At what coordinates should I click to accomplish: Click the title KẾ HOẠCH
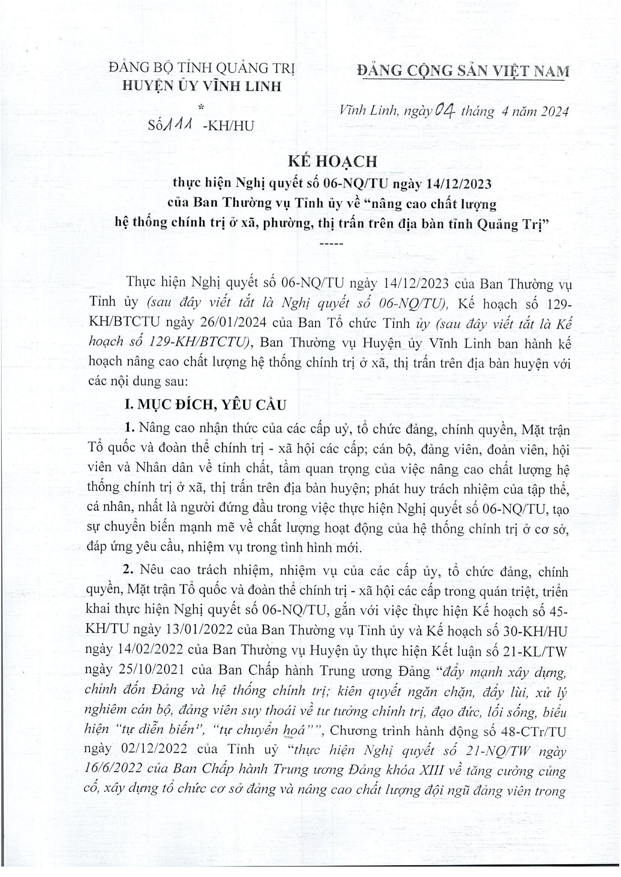click(332, 162)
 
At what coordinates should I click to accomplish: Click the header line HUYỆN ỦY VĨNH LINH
click(201, 86)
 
